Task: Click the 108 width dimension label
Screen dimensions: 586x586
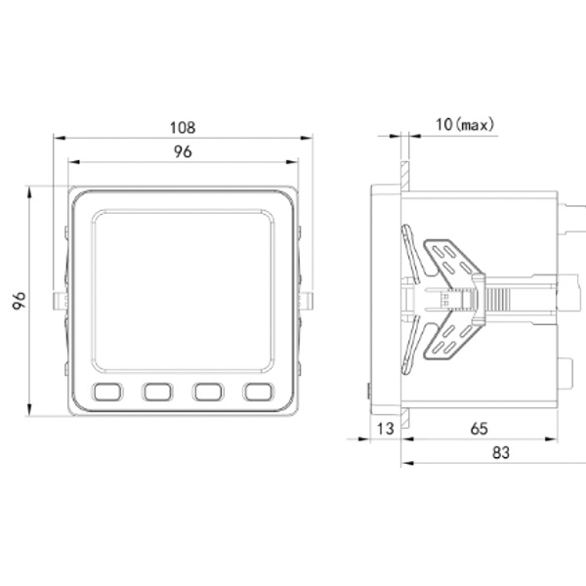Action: click(183, 127)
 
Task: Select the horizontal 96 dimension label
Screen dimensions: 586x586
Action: click(183, 151)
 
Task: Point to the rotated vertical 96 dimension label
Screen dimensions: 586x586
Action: click(19, 301)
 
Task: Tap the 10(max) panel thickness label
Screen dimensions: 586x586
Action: click(465, 124)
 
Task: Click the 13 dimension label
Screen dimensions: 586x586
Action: click(385, 429)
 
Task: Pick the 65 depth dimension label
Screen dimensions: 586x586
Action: click(480, 429)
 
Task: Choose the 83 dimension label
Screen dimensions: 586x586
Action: click(501, 452)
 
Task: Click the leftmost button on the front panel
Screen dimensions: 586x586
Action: click(107, 392)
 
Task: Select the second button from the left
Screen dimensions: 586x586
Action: click(157, 392)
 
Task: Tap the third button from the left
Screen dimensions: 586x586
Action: click(208, 392)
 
